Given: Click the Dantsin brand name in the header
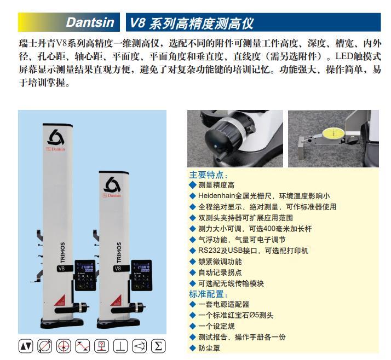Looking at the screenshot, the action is pyautogui.click(x=90, y=22).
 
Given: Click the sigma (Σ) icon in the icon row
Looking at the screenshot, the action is pyautogui.click(x=158, y=346).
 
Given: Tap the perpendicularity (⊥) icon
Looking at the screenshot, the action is pyautogui.click(x=120, y=346).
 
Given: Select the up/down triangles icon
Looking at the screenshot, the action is pyautogui.click(x=26, y=346).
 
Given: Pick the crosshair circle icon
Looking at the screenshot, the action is pyautogui.click(x=64, y=346).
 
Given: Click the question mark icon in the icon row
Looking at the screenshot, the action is pyautogui.click(x=101, y=346).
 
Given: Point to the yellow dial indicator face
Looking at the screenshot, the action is pyautogui.click(x=332, y=134).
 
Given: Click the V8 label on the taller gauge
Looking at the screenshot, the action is pyautogui.click(x=61, y=268).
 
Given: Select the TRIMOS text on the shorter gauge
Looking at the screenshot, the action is pyautogui.click(x=119, y=252).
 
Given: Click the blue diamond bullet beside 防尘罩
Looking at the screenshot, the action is pyautogui.click(x=193, y=348).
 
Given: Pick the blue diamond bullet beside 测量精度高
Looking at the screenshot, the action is pyautogui.click(x=193, y=185).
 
